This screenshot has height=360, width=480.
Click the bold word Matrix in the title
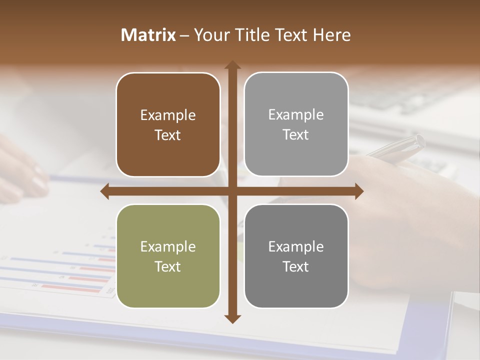[x=148, y=35]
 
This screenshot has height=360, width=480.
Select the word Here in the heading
[x=332, y=35]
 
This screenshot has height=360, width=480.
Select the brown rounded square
[x=168, y=124]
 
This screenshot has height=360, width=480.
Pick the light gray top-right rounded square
[x=296, y=124]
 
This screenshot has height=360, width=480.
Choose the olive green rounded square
[x=168, y=256]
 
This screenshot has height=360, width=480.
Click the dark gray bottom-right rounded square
[x=296, y=256]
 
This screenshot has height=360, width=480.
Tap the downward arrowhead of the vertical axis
[x=232, y=318]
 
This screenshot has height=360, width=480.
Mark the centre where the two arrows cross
[x=232, y=191]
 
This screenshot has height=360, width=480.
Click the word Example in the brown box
[x=168, y=115]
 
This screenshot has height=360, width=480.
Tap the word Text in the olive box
[x=168, y=266]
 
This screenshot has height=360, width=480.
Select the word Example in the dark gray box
[x=296, y=246]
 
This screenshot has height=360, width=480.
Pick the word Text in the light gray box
[x=296, y=134]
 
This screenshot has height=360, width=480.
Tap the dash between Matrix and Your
[x=184, y=35]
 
